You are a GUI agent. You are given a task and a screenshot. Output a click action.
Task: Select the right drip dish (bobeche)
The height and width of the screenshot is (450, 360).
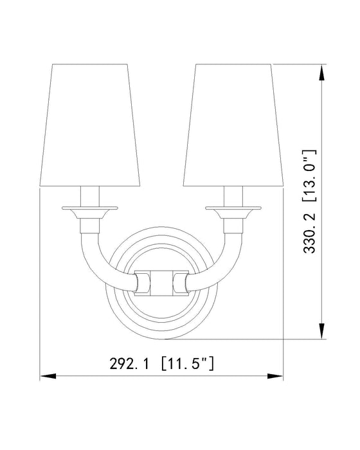point(235,208)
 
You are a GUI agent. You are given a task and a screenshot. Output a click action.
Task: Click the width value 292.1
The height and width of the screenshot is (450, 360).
point(125,364)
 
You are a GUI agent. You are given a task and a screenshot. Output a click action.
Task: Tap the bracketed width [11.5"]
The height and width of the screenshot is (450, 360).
point(187,364)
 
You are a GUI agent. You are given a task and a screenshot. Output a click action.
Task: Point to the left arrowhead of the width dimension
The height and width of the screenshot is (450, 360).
point(46,376)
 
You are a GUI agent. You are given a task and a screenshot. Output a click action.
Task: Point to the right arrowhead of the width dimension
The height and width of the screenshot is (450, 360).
point(278,376)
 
